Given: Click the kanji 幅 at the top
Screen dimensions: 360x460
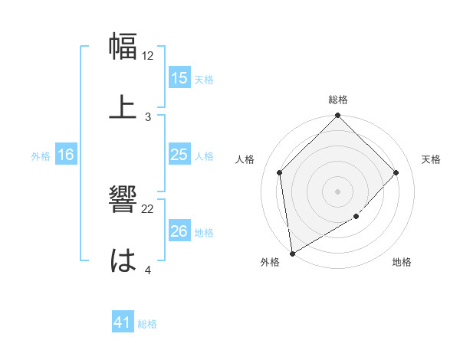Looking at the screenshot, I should tap(123, 47).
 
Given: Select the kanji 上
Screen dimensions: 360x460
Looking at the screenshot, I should tap(123, 107).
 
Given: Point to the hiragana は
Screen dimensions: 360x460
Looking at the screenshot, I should tap(123, 261).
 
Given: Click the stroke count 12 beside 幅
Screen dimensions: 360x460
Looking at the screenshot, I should tap(148, 56).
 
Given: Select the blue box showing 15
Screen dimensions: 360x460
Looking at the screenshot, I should tap(179, 78).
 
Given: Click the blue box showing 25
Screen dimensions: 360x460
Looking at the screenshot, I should tap(179, 155).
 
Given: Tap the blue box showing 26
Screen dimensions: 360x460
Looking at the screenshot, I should tap(179, 231).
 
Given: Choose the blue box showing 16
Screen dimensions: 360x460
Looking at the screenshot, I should tap(66, 155).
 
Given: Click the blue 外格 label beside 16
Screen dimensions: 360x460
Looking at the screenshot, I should tap(41, 155).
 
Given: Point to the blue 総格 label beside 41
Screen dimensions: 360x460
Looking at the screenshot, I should tap(147, 324).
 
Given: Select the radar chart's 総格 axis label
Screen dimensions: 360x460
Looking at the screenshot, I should tap(338, 100).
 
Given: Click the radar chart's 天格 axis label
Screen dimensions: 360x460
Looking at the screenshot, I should tap(432, 159).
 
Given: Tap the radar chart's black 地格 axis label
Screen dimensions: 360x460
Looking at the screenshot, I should tap(402, 262).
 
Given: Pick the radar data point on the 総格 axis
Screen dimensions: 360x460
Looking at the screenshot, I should tap(338, 116).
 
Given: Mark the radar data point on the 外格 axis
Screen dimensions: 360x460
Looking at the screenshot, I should tap(292, 254).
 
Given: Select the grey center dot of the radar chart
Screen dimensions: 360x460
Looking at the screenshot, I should tap(338, 191).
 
